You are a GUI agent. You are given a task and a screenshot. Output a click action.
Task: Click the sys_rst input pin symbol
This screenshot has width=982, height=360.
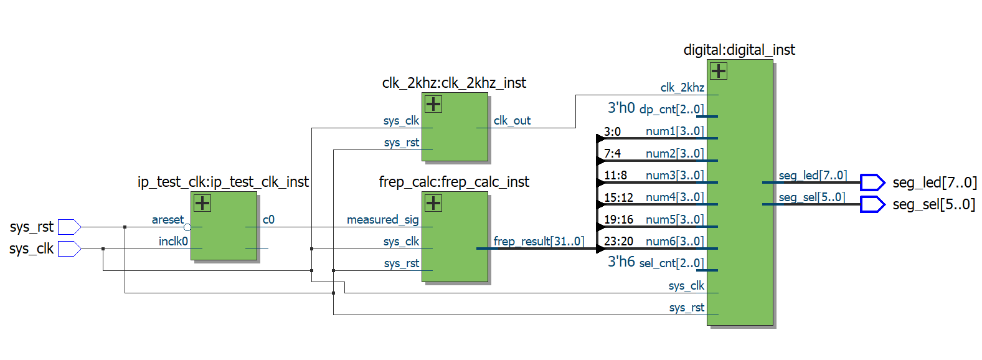pos(69,227)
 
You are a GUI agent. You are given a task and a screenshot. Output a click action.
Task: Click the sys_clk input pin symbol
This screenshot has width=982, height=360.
pos(69,249)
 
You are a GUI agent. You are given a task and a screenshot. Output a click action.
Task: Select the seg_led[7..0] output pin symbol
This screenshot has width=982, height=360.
pos(872,182)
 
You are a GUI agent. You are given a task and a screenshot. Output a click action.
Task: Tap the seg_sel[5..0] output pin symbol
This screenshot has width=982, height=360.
pos(872,204)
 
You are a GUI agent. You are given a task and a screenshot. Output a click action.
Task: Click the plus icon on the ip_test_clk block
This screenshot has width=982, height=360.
pos(202,203)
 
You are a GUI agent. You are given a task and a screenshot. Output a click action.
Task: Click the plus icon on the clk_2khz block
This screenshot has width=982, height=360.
pos(433,104)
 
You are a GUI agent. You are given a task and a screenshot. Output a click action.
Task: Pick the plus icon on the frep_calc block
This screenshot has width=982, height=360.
pos(433,203)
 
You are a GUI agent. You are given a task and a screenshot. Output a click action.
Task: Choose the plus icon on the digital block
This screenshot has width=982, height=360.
pos(719,71)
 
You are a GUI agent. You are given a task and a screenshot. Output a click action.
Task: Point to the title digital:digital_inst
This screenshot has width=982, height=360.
pos(739,50)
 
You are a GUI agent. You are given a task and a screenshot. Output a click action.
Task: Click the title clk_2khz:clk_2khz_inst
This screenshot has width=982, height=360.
pos(454,83)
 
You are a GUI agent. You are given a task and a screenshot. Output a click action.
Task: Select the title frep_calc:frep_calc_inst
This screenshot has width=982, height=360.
pos(454,182)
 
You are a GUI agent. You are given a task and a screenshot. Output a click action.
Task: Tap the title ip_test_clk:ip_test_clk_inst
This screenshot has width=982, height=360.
pos(223,182)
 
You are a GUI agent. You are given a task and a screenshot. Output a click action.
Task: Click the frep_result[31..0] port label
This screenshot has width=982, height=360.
pos(539,241)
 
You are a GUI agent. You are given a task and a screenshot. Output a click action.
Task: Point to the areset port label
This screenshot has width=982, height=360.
pos(168,220)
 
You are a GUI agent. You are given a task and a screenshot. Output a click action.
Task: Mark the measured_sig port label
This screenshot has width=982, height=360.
pos(382,220)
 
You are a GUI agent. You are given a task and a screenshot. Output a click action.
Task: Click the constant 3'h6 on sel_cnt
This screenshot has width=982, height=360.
pos(621,262)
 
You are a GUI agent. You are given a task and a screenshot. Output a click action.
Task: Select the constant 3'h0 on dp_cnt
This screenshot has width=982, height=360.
pos(621,108)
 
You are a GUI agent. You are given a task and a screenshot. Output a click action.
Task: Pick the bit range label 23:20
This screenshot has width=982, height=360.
pos(618,242)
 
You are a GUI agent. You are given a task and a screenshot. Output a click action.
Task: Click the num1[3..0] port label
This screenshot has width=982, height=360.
pos(674,131)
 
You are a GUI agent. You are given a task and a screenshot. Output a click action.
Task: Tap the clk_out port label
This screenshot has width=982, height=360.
pos(512,121)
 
